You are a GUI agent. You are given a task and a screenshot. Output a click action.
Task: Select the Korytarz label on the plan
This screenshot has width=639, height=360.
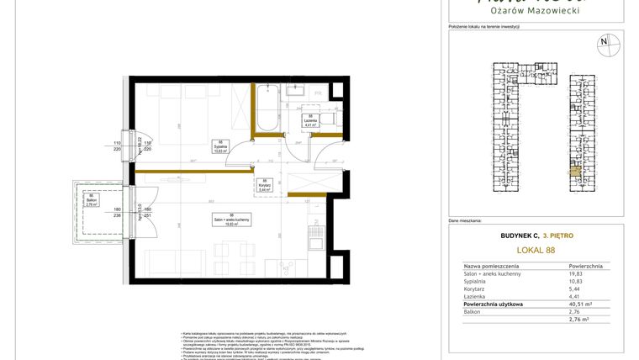[264, 187]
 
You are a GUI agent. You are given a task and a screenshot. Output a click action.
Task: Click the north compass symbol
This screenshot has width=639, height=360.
[604, 41]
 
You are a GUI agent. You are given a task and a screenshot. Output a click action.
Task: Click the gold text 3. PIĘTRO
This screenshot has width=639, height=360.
[557, 236]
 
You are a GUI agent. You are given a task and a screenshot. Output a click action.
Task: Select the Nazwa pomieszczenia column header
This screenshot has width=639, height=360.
[494, 265]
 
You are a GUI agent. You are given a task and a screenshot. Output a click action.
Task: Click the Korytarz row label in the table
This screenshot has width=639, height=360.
[477, 289]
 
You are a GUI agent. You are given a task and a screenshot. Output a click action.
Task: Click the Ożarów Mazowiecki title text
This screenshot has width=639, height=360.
[535, 10]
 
